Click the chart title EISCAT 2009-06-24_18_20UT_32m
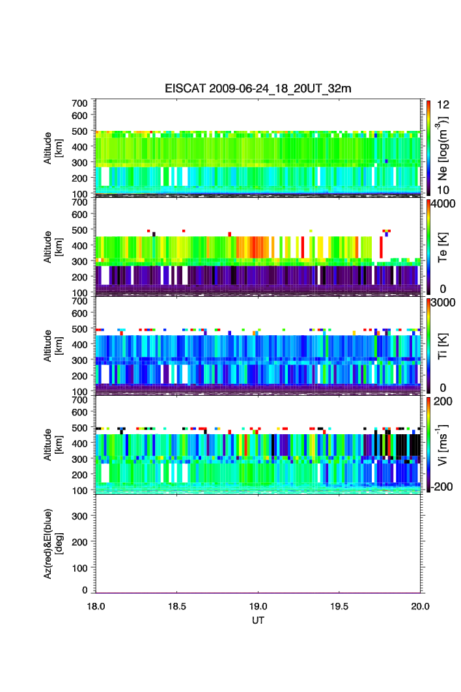[258, 89]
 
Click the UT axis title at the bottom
[258, 620]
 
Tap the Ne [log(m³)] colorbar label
[442, 147]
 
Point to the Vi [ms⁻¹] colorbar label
[442, 443]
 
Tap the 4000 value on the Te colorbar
[440, 204]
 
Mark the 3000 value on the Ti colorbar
[440, 303]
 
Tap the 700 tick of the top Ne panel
[79, 103]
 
